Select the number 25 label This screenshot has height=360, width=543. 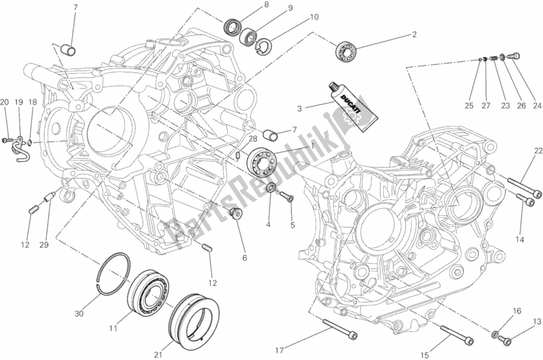pyautogui.click(x=468, y=105)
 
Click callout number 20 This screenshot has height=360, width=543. pyautogui.click(x=4, y=102)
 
